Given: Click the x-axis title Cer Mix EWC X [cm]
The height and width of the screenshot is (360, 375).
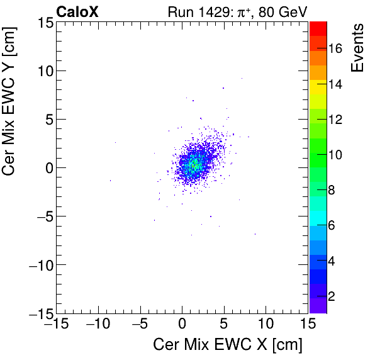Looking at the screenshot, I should click(227, 345).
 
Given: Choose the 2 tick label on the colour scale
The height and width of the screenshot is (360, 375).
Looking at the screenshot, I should click(332, 295).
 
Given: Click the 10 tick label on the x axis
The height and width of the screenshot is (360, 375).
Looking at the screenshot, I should click(266, 323).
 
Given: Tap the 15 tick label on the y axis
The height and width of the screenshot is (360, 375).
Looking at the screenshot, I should click(44, 22).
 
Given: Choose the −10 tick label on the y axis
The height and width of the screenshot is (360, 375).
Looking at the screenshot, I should click(39, 264).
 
